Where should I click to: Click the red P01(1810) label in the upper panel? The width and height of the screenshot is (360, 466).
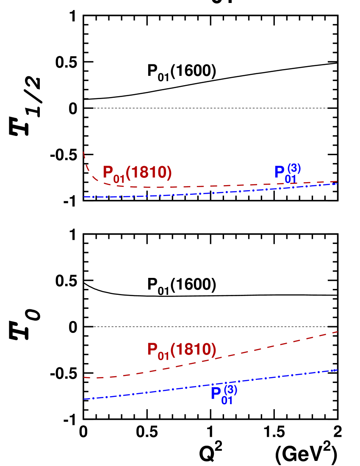tap(137, 173)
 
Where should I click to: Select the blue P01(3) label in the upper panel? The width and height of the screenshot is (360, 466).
tap(288, 173)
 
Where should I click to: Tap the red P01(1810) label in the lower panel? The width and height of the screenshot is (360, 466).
tap(182, 350)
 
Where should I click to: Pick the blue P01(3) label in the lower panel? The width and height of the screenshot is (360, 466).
tap(224, 394)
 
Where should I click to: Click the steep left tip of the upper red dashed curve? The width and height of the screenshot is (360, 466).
tap(83, 152)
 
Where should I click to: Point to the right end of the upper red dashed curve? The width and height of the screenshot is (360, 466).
tap(337, 181)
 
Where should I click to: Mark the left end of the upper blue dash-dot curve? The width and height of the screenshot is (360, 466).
tap(84, 197)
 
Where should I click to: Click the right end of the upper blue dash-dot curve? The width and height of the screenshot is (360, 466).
tap(337, 184)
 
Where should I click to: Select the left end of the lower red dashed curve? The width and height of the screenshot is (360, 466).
tap(84, 377)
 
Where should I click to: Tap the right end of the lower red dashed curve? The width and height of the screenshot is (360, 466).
tap(337, 332)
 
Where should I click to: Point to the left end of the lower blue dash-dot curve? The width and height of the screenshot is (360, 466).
tap(84, 399)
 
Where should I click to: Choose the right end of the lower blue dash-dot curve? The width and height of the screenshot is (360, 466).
tap(337, 370)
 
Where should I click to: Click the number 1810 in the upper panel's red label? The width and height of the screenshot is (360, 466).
tap(149, 172)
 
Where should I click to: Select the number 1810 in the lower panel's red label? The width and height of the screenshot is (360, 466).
tap(194, 349)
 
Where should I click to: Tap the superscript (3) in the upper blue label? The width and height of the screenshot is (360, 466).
tap(294, 168)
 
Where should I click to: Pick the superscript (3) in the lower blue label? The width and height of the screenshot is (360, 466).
tap(230, 389)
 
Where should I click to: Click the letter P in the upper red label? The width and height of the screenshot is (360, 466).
tap(108, 172)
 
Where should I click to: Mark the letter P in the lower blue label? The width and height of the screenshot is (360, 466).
tap(216, 394)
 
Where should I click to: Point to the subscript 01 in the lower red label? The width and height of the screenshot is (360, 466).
tap(163, 356)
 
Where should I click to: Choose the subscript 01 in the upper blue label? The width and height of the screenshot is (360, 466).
tap(291, 179)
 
